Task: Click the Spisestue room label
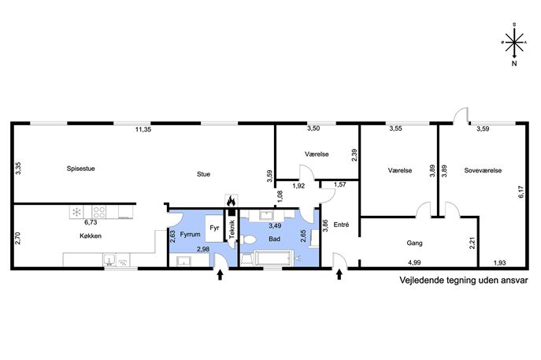tap(81, 169)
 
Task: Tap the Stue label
tap(204, 174)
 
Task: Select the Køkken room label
tap(91, 236)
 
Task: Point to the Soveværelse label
tap(483, 170)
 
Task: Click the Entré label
tap(341, 225)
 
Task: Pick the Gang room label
tap(414, 243)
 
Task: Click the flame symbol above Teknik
tap(231, 200)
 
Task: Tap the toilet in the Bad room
tap(248, 239)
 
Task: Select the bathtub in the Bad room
tap(273, 258)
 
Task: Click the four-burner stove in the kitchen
tap(99, 212)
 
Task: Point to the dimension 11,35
tap(143, 130)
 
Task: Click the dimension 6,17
tap(521, 191)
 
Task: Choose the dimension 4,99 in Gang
tap(414, 262)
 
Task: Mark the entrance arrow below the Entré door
tap(339, 274)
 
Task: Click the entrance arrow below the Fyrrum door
tap(220, 275)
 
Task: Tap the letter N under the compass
tap(514, 64)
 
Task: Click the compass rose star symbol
tap(514, 42)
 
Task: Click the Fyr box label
tap(214, 228)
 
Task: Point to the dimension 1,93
tap(499, 263)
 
